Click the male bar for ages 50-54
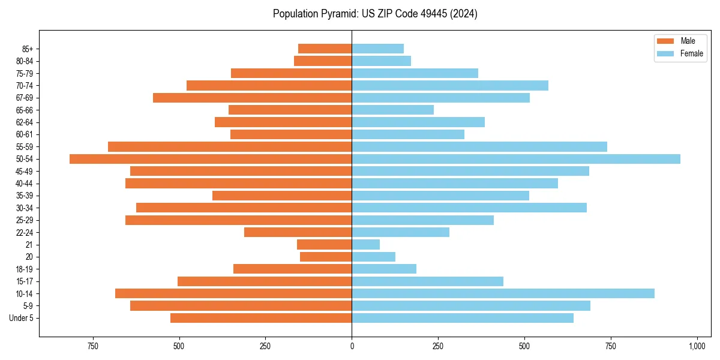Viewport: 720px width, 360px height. [210, 159]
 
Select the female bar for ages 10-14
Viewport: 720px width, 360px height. [503, 293]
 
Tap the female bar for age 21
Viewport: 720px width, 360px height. [365, 244]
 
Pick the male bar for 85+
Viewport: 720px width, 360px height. [325, 49]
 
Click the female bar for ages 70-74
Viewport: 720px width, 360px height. [450, 85]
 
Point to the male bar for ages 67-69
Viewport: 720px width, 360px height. [252, 98]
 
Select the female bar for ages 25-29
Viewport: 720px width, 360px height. [422, 220]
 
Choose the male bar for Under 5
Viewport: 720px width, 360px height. [261, 318]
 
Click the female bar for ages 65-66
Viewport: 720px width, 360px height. [392, 110]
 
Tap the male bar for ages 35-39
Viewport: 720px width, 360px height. [282, 196]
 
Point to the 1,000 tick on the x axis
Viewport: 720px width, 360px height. [697, 347]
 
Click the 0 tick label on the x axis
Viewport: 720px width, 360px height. [352, 347]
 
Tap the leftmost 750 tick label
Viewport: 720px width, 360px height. [92, 347]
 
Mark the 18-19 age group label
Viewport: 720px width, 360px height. [23, 269]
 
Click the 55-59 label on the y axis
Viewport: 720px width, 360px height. [23, 147]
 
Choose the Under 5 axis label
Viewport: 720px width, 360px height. [21, 318]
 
